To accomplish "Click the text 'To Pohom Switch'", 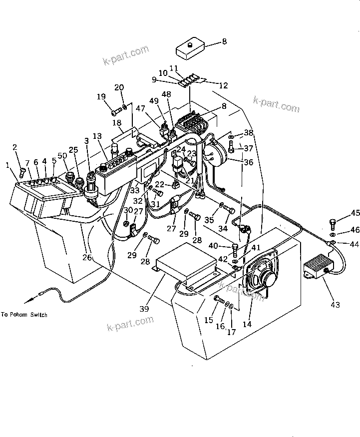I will [x=24, y=315].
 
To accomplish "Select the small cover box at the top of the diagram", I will [x=190, y=50].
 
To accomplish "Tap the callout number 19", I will [x=101, y=96].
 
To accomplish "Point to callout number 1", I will [x=8, y=165].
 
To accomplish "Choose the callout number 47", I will [x=141, y=108].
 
